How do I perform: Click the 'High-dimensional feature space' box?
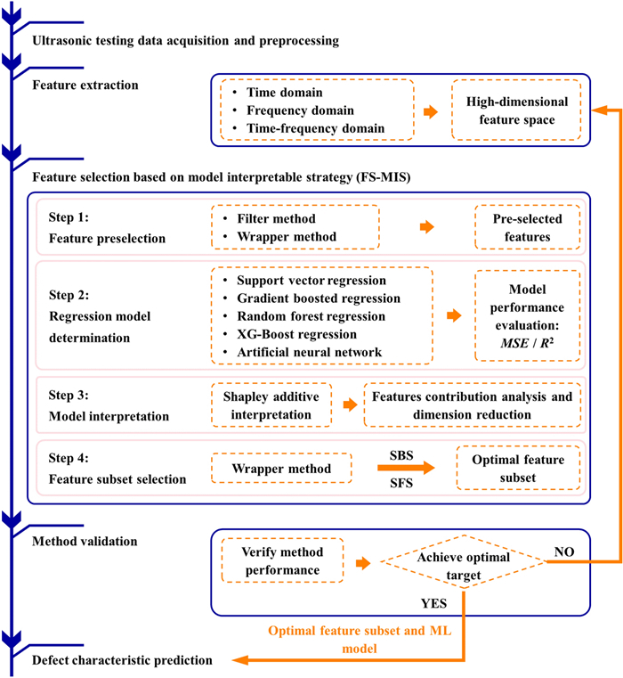[x=516, y=110]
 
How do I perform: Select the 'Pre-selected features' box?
[x=527, y=227]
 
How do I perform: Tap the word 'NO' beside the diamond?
[x=565, y=551]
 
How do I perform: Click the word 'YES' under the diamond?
[x=433, y=603]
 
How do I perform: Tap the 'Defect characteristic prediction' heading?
[x=122, y=660]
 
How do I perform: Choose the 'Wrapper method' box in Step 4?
[x=276, y=468]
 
